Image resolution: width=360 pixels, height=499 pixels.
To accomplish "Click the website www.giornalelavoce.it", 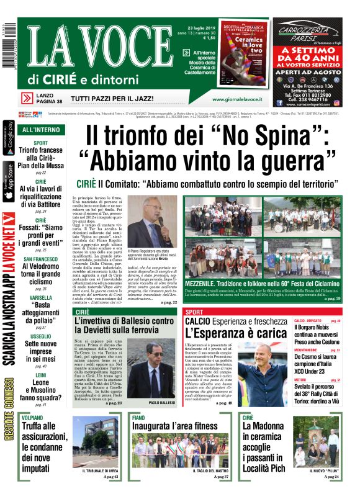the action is tap(237, 99).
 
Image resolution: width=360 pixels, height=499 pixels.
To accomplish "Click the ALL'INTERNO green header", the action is tap(41, 130).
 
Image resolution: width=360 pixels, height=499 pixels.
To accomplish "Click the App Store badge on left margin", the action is tap(9, 180).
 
